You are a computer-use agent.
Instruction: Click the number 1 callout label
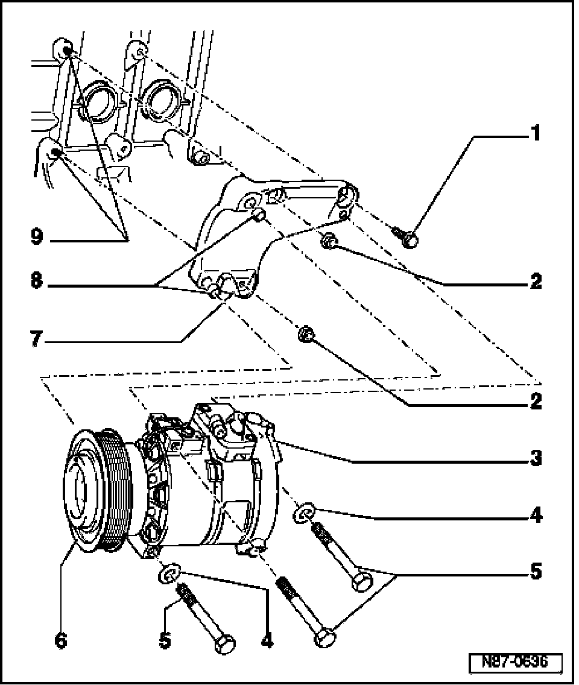point(534,133)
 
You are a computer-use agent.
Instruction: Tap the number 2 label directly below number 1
point(534,282)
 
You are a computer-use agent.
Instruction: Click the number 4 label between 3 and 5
point(534,516)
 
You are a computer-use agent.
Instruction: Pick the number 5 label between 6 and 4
point(165,640)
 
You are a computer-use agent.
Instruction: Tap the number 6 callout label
point(60,640)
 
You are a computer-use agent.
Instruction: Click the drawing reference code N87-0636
point(515,663)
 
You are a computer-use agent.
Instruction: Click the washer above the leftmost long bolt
point(169,573)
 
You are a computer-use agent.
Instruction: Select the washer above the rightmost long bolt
point(303,514)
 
